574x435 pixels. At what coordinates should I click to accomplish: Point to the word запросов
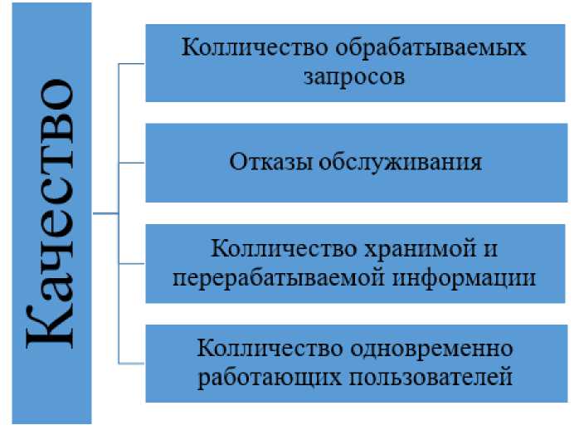tap(353, 77)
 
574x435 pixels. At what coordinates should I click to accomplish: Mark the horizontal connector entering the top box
tap(133, 63)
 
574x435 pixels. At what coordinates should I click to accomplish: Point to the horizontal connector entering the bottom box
tap(133, 363)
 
